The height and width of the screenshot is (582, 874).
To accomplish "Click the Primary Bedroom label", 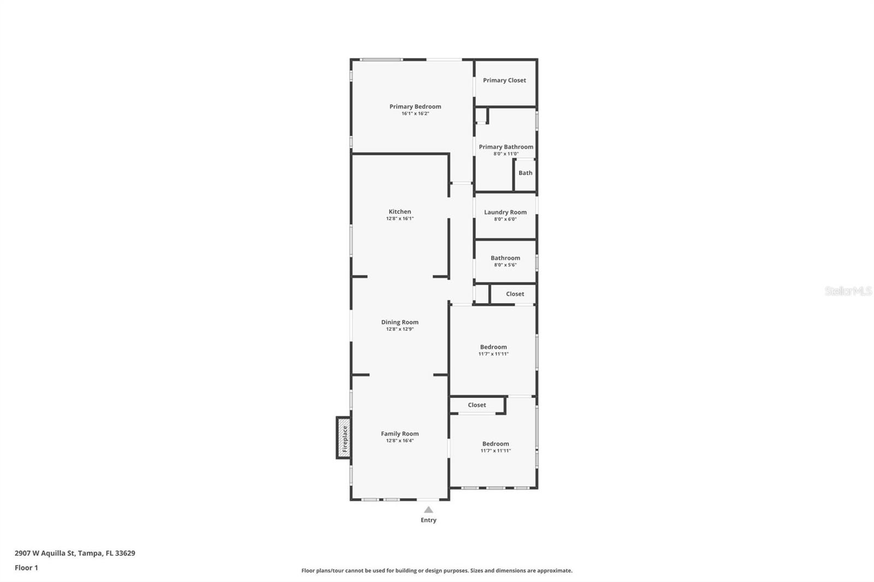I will [415, 106].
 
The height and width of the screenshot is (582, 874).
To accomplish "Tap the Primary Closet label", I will [504, 80].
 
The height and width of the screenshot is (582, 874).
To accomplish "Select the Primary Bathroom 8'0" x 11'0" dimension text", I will [506, 154].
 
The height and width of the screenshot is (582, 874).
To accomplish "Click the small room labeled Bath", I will [525, 173].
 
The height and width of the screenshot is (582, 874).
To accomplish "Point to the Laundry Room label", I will [505, 212].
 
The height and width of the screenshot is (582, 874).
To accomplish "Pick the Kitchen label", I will [400, 211].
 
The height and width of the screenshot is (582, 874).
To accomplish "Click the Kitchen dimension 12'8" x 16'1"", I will [400, 218].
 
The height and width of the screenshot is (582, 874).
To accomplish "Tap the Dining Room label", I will [400, 322].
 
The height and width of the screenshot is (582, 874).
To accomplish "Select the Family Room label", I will [400, 433].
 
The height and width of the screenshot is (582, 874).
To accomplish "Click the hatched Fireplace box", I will [344, 438].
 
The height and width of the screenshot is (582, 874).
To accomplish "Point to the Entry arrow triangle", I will [429, 510].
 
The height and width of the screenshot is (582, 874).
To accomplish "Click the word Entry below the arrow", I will [429, 520].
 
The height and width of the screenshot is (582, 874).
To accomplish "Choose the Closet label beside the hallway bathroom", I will [515, 294].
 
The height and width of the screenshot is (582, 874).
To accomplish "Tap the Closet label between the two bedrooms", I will [477, 405].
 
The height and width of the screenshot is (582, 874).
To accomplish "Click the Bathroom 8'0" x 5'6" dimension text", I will [505, 265].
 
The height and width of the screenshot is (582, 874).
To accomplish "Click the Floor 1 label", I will [26, 568].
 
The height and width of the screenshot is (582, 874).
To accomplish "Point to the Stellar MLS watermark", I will [848, 291].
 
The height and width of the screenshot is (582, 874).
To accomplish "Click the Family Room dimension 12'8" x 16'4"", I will [400, 441].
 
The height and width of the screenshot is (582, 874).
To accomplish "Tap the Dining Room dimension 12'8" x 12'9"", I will [400, 329].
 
